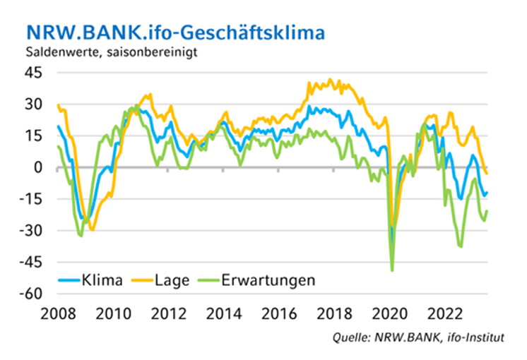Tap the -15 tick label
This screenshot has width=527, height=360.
[x=32, y=199]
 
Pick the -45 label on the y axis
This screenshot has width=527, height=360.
[x=32, y=263]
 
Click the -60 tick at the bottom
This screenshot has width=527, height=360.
[x=32, y=294]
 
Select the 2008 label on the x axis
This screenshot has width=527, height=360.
[x=57, y=312]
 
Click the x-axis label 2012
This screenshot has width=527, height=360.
[x=167, y=312]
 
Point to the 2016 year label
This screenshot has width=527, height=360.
[x=278, y=312]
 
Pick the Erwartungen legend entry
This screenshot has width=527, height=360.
[x=268, y=280]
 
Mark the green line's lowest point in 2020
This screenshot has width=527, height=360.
[x=392, y=270]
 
